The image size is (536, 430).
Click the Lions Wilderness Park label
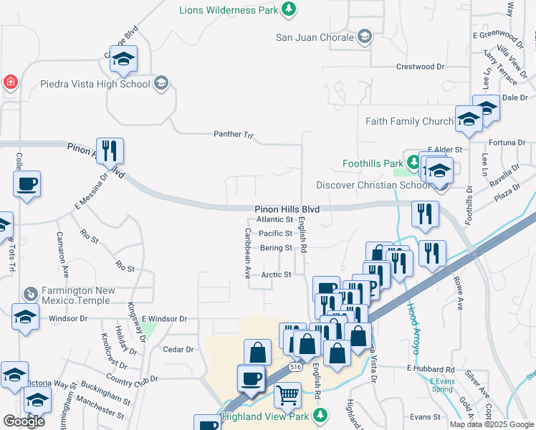[229, 9]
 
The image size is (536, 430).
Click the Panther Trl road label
[234, 134]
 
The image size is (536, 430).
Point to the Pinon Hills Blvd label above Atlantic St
[286, 209]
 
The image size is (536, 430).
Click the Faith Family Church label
[409, 121]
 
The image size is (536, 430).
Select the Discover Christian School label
[372, 186]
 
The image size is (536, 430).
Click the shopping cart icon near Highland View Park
[287, 394]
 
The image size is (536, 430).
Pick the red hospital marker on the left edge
[10, 82]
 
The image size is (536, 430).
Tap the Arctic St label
[277, 274]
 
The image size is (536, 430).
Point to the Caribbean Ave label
[247, 253]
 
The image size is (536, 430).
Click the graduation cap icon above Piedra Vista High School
[124, 59]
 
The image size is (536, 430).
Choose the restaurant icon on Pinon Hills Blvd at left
[110, 150]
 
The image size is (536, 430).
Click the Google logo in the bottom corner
[24, 421]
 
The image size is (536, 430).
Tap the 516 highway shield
[295, 365]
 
